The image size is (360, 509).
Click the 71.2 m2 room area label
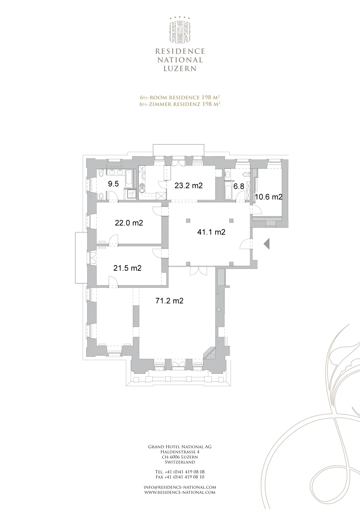click(x=170, y=301)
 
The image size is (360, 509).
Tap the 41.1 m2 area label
click(x=211, y=232)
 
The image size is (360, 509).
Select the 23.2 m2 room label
click(x=189, y=185)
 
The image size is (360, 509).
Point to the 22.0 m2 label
click(x=129, y=223)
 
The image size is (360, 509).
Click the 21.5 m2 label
click(x=128, y=268)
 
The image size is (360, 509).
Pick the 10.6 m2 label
click(x=269, y=197)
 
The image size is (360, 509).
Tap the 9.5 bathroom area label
click(x=113, y=184)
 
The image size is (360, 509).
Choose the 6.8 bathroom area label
click(x=239, y=186)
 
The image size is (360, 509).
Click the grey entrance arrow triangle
click(x=267, y=244)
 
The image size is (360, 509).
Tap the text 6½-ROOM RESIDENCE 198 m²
click(x=180, y=97)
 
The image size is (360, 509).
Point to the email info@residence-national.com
click(x=180, y=487)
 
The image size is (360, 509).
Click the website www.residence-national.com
click(x=180, y=492)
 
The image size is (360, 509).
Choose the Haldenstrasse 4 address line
click(x=180, y=452)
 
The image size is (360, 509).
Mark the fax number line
click(x=180, y=477)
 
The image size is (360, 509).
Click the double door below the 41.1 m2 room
click(x=199, y=271)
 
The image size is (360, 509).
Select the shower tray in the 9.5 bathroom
click(x=131, y=194)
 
